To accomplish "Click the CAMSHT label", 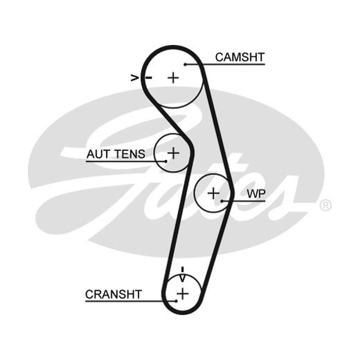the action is [x=240, y=57].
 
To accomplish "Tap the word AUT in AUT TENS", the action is [x=98, y=154].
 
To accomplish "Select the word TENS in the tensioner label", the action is [x=130, y=154].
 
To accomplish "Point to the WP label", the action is [x=256, y=194].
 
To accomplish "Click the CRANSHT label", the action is [x=113, y=294].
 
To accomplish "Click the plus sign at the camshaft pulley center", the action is [x=173, y=78].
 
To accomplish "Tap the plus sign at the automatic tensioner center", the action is [x=173, y=153].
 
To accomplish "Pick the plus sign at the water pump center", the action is [x=213, y=193].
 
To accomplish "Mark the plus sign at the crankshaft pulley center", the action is [x=183, y=294].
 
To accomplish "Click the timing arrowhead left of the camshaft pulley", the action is [x=135, y=78].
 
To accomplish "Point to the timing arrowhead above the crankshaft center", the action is [x=182, y=278].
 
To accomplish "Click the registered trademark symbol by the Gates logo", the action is [x=325, y=205].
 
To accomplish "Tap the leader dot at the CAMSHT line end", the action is [x=185, y=64].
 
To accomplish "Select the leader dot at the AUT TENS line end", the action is [x=166, y=162].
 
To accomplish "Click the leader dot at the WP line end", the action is [x=222, y=201].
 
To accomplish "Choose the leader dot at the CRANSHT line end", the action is [x=176, y=301].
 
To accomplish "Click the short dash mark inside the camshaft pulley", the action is [x=149, y=78].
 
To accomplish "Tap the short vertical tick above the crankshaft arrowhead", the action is [x=183, y=270].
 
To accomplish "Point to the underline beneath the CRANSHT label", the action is [x=131, y=301].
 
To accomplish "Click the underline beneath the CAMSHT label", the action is [x=225, y=64].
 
